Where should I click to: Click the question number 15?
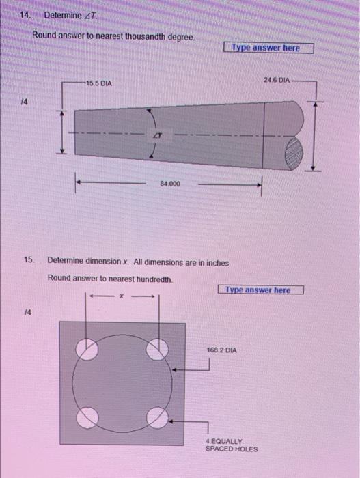coord(28,260)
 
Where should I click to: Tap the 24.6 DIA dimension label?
coord(277,81)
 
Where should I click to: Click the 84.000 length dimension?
coord(170,184)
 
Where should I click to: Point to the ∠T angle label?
coord(156,136)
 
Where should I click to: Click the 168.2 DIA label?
coord(222,350)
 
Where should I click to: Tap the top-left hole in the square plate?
coord(87,349)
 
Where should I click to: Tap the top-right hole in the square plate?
coord(158,349)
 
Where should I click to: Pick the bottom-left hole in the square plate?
coord(87,416)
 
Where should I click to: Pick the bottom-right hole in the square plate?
coord(157,416)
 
